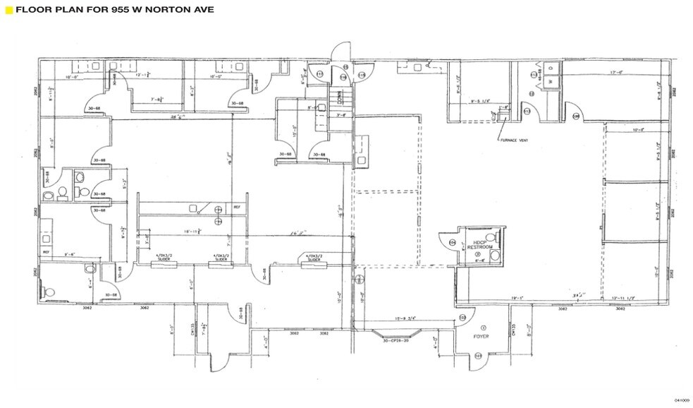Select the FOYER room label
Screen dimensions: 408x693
482,337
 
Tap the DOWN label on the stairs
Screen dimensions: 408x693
339,94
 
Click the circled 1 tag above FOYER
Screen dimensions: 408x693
483,328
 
